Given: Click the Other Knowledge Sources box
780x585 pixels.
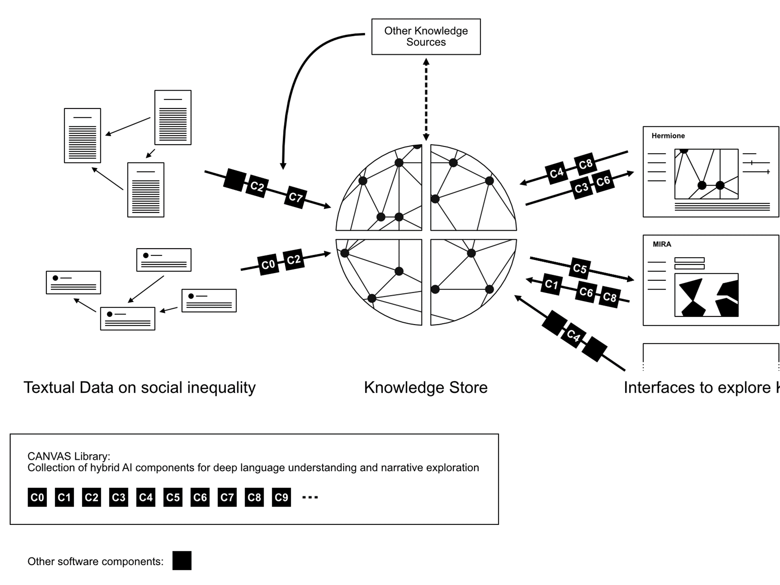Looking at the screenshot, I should pyautogui.click(x=426, y=37).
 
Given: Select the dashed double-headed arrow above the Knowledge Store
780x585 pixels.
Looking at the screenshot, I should pyautogui.click(x=426, y=100).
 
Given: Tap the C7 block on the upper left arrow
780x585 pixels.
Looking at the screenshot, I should pyautogui.click(x=295, y=197).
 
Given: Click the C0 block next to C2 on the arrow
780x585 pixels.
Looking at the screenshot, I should pyautogui.click(x=268, y=265).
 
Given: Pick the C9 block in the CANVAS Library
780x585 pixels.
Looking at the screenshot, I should pyautogui.click(x=281, y=497).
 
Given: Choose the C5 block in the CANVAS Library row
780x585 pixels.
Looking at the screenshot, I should pyautogui.click(x=173, y=497).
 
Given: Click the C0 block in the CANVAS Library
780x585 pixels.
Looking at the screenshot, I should pyautogui.click(x=37, y=497).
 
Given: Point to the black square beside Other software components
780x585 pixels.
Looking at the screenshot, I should pyautogui.click(x=182, y=561).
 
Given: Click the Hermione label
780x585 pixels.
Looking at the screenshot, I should pyautogui.click(x=668, y=136).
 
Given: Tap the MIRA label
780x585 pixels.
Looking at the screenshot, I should pyautogui.click(x=662, y=244).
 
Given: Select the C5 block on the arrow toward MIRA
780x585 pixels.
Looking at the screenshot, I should pyautogui.click(x=580, y=269).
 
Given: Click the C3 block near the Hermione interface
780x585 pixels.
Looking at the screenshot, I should pyautogui.click(x=581, y=188).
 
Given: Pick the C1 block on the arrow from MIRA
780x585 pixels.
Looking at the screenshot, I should pyautogui.click(x=551, y=284).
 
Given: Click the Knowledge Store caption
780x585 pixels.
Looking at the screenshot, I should pyautogui.click(x=425, y=388).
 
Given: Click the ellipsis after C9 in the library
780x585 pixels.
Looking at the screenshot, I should pyautogui.click(x=310, y=497).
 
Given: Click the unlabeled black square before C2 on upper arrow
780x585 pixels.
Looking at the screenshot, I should pyautogui.click(x=235, y=180).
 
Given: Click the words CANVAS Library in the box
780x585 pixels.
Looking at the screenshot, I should pyautogui.click(x=68, y=456).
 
